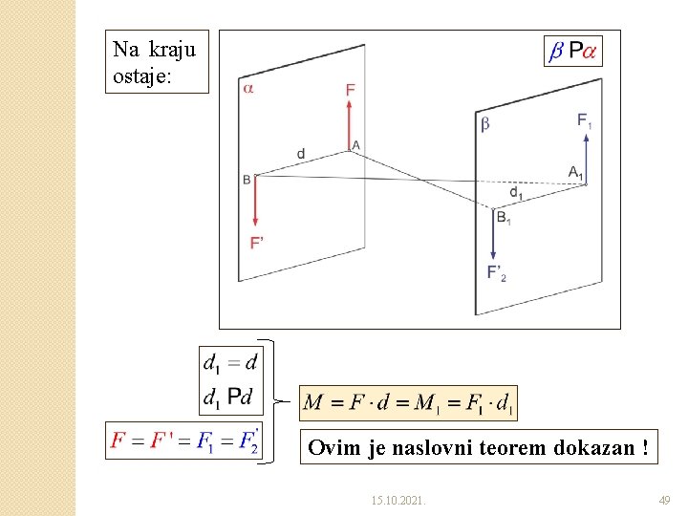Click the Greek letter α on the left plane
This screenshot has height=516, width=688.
point(248,89)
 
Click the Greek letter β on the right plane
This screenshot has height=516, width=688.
point(484,123)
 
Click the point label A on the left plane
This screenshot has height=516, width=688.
point(356,145)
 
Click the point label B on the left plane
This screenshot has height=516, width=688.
point(247,179)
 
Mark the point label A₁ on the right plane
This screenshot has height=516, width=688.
point(575,172)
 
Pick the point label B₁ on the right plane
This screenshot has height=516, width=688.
point(504,218)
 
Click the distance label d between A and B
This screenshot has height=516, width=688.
point(301,153)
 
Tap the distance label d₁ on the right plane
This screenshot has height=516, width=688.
point(516,193)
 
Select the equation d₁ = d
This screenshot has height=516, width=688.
point(230,362)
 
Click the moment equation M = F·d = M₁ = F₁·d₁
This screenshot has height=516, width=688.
point(408,402)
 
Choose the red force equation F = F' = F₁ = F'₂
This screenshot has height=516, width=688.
point(183,441)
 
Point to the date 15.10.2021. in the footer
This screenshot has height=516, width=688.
point(399,500)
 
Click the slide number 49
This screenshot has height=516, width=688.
point(665,500)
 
